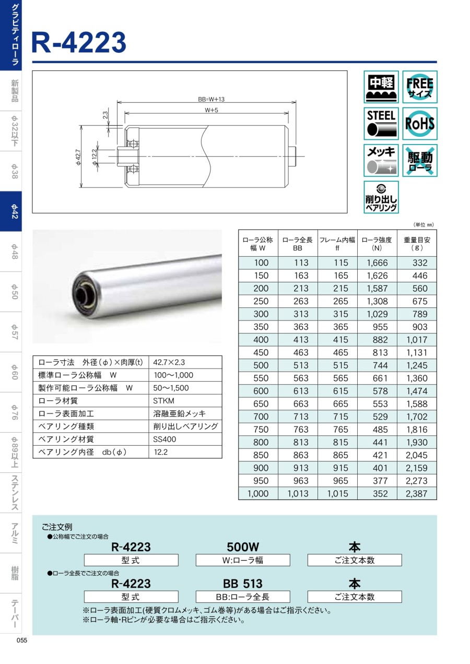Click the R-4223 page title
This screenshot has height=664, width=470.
tap(79, 42)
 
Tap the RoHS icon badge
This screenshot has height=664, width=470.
tap(419, 123)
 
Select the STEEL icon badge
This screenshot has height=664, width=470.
tap(381, 123)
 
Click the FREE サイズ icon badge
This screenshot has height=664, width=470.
tap(419, 87)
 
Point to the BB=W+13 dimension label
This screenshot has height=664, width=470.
tap(211, 99)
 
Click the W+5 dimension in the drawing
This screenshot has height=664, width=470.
tap(211, 110)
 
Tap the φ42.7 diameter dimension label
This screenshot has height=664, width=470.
tap(78, 157)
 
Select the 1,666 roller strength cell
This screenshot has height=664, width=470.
tap(377, 263)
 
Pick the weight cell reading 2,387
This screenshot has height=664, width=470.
tap(417, 493)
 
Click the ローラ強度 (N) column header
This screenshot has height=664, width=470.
tap(377, 244)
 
